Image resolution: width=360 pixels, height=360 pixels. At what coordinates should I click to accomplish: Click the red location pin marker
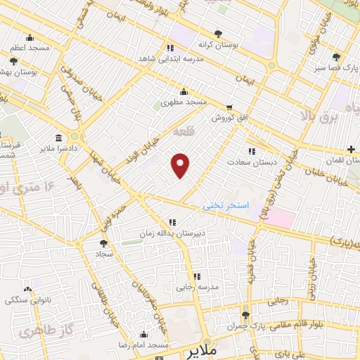click(x=181, y=165)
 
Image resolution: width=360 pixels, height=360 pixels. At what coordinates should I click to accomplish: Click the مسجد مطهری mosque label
click(x=184, y=103)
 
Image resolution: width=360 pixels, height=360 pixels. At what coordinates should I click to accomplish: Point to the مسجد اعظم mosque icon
click(x=29, y=39)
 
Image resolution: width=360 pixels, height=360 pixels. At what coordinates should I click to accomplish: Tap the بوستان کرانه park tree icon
click(x=218, y=34)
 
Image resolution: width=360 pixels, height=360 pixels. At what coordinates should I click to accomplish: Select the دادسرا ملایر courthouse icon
click(x=57, y=137)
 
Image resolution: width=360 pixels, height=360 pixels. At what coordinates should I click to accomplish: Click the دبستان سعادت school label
click(x=252, y=162)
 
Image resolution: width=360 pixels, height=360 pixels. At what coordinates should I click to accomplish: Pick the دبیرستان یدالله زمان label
click(x=172, y=233)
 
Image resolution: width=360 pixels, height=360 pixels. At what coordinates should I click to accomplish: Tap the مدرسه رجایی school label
click(x=198, y=287)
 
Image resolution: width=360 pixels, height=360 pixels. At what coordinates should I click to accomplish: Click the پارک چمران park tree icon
click(x=245, y=315)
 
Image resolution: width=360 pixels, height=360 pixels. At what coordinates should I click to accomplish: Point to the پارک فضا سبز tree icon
click(x=337, y=57)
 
